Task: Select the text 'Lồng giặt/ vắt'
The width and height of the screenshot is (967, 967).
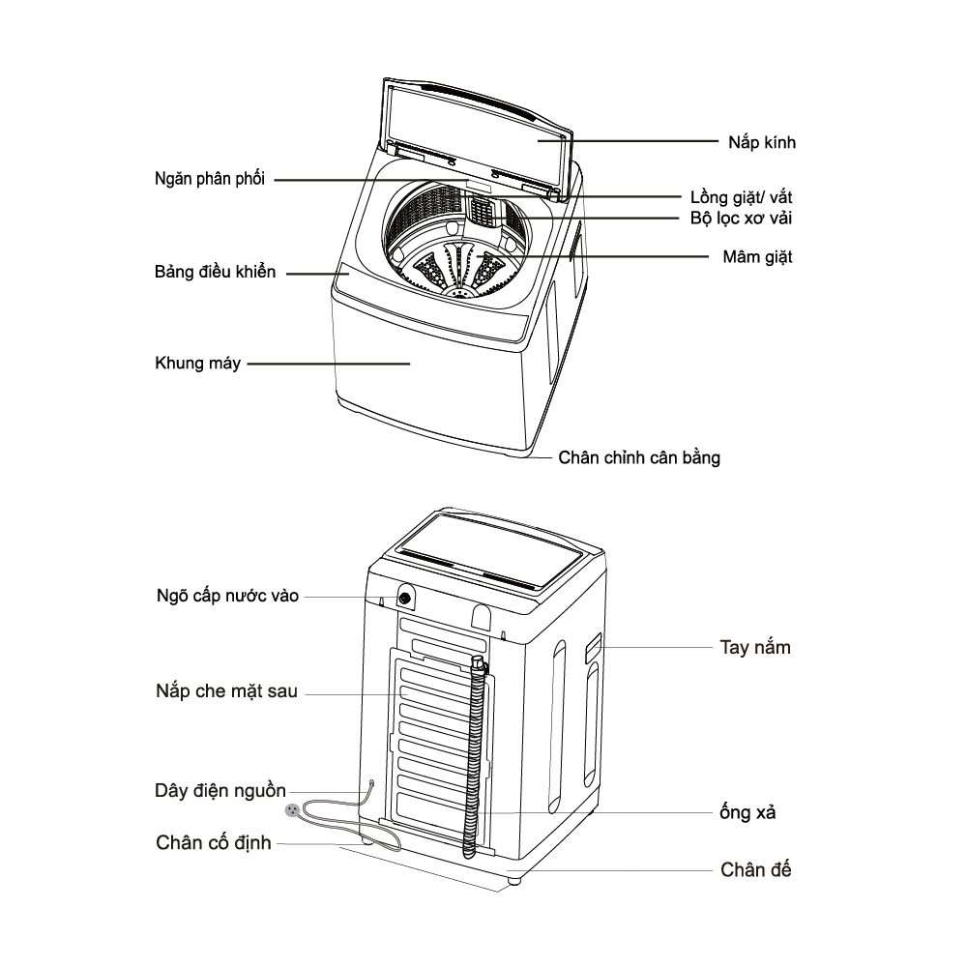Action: pyautogui.click(x=742, y=197)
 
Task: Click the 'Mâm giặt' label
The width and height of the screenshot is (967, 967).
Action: pyautogui.click(x=757, y=258)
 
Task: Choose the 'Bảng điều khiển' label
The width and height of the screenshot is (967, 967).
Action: pyautogui.click(x=215, y=273)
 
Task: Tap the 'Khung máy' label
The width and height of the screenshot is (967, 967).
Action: pyautogui.click(x=197, y=365)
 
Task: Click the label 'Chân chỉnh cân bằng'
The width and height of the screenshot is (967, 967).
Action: pyautogui.click(x=639, y=457)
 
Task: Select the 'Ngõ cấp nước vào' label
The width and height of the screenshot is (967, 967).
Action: pyautogui.click(x=227, y=597)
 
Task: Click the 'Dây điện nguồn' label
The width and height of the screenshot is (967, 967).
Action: pyautogui.click(x=220, y=791)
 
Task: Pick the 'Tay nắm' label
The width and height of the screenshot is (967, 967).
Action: pyautogui.click(x=755, y=647)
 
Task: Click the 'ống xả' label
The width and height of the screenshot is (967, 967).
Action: pyautogui.click(x=747, y=812)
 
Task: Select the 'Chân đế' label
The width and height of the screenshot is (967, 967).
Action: pyautogui.click(x=755, y=869)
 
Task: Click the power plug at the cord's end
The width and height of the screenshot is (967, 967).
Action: pyautogui.click(x=291, y=810)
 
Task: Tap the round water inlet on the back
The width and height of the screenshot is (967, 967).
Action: pyautogui.click(x=403, y=598)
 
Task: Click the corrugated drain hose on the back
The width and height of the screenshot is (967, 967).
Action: pyautogui.click(x=474, y=754)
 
